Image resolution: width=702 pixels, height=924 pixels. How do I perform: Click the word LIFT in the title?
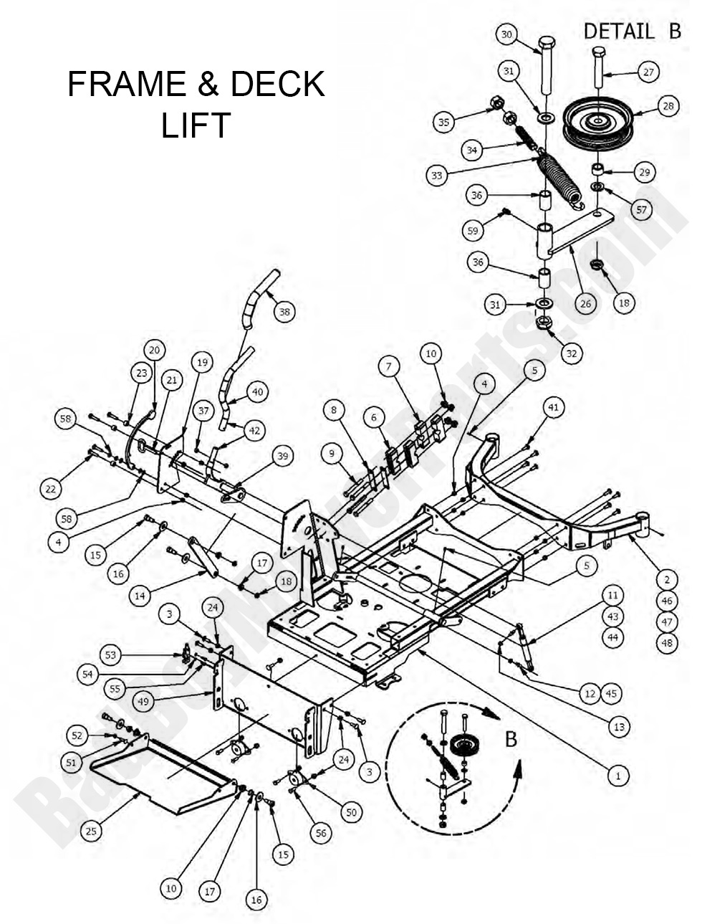pyautogui.click(x=195, y=125)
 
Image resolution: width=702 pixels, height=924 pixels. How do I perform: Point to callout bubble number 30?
pyautogui.click(x=506, y=34)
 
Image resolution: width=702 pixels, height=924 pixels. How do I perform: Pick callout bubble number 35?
pyautogui.click(x=444, y=122)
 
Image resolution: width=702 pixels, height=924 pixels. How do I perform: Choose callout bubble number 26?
pyautogui.click(x=585, y=303)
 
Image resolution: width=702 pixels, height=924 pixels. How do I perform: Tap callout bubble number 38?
pyautogui.click(x=285, y=312)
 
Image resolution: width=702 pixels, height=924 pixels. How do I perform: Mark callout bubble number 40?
pyautogui.click(x=258, y=391)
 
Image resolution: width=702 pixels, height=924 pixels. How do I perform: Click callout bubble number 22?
pyautogui.click(x=49, y=489)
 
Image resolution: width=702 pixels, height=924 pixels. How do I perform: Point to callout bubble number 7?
pyautogui.click(x=388, y=366)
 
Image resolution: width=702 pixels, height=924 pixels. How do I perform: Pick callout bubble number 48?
pyautogui.click(x=667, y=643)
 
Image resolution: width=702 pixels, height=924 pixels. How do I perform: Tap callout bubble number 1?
pyautogui.click(x=617, y=775)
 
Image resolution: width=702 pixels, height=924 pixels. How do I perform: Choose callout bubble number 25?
pyautogui.click(x=91, y=831)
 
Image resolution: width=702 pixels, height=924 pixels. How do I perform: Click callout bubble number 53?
pyautogui.click(x=110, y=654)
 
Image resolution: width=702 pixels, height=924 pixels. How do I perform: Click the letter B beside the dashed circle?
pyautogui.click(x=511, y=738)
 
